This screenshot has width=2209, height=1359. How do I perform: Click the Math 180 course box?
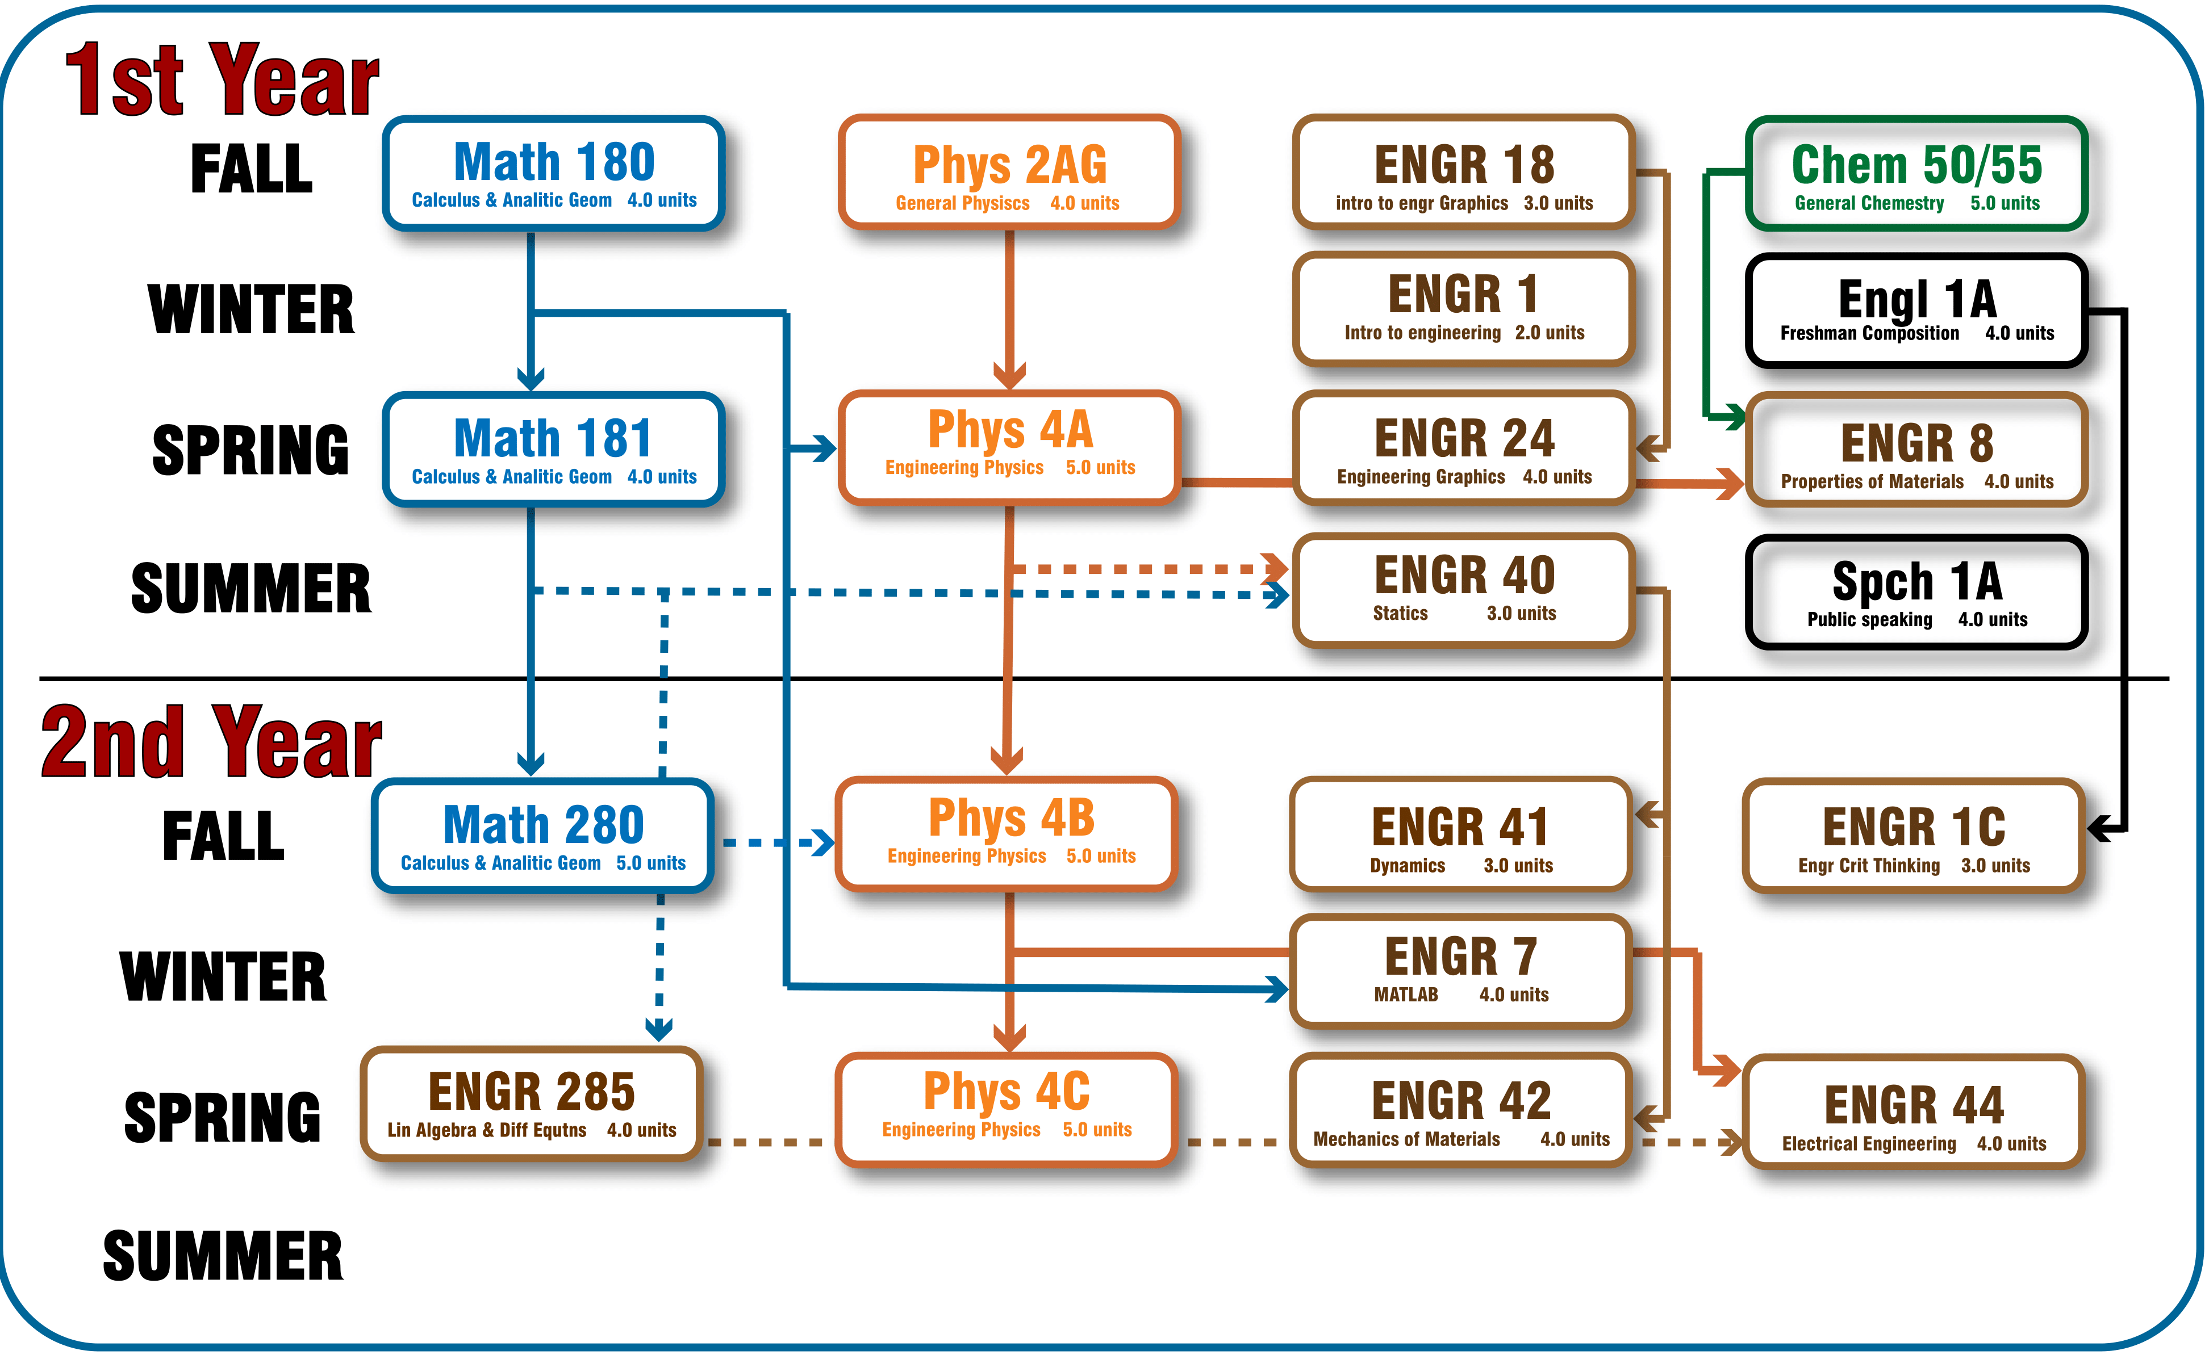[553, 173]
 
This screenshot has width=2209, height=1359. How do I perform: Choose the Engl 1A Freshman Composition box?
[1916, 310]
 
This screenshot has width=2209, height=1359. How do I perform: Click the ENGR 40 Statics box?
[1463, 590]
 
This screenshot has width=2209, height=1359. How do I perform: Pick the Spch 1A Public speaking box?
[1916, 592]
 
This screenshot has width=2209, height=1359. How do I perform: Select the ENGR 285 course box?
[531, 1104]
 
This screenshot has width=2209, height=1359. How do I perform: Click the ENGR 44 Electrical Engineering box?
[1913, 1112]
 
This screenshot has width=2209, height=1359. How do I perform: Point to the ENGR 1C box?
[1913, 836]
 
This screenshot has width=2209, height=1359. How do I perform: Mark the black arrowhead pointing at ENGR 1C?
[2100, 828]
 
